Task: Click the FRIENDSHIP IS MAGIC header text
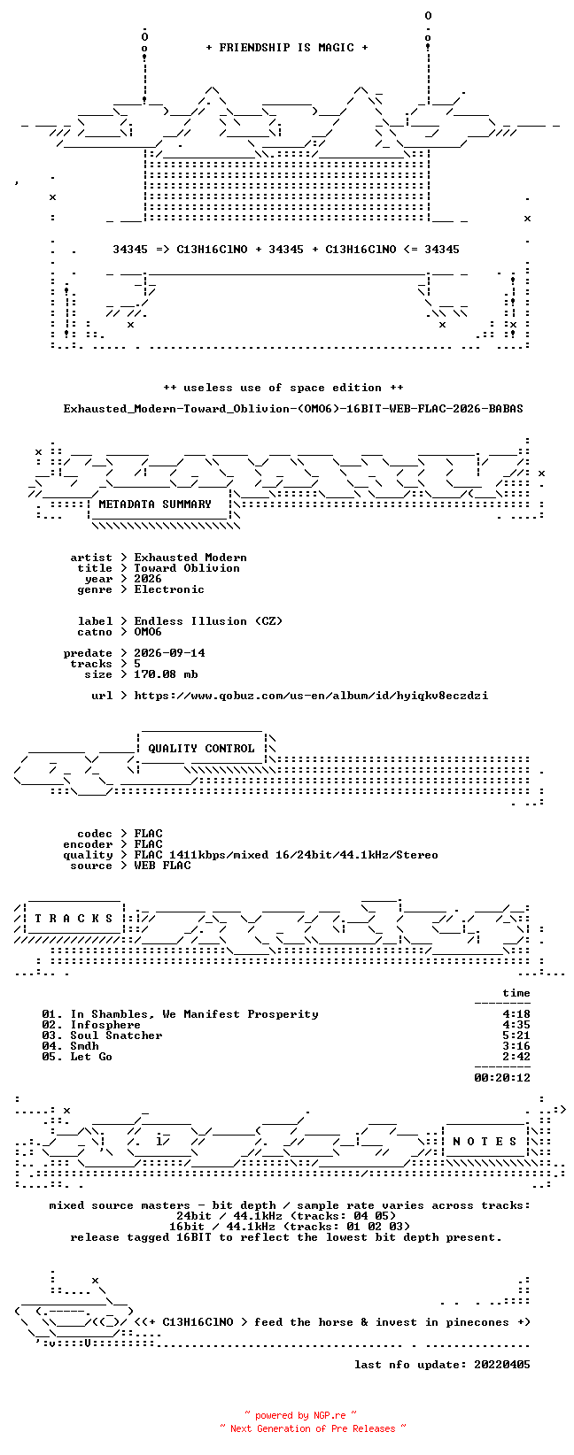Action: [287, 48]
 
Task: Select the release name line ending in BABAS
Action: [293, 409]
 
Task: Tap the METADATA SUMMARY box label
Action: [155, 504]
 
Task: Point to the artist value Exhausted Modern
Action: [190, 558]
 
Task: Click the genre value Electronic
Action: [169, 589]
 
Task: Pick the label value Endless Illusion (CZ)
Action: [208, 621]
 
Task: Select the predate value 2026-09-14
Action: [169, 653]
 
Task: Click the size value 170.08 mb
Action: [166, 674]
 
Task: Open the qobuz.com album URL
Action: [311, 696]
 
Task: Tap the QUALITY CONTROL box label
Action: [201, 748]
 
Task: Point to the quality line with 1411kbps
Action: [286, 855]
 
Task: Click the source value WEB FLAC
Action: [162, 866]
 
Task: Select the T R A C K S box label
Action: [74, 919]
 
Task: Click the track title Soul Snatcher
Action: [116, 1035]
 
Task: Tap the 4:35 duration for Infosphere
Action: [516, 1025]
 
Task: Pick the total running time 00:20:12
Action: [502, 1078]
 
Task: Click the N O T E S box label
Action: [485, 1142]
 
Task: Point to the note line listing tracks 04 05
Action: [286, 1216]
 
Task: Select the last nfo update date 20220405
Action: [502, 1365]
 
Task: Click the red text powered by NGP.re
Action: [300, 1415]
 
